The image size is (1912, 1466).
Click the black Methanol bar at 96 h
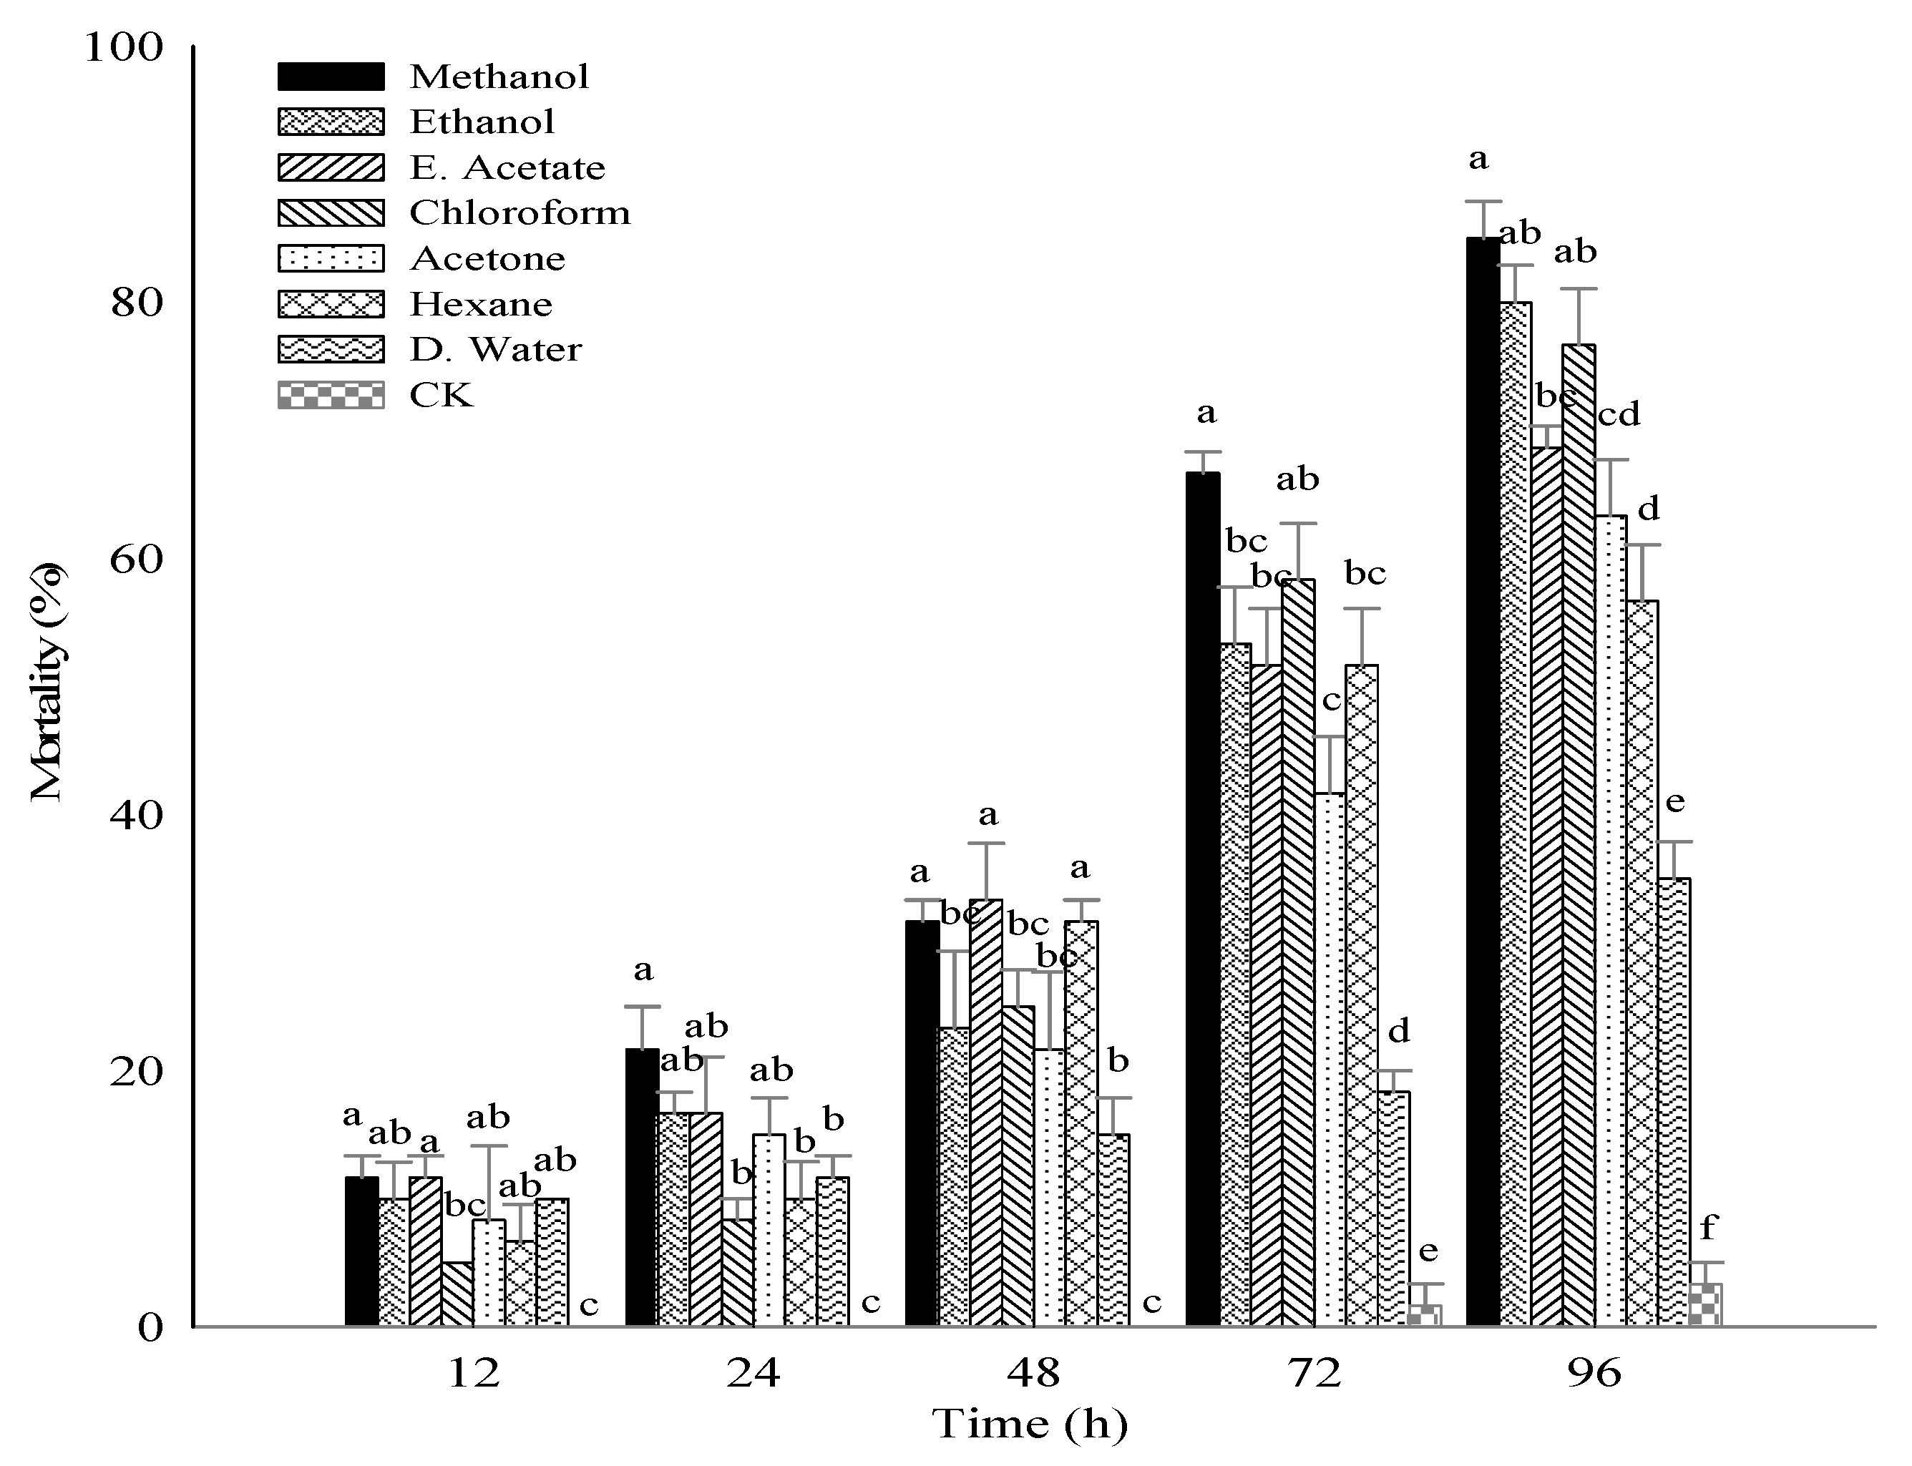point(1482,786)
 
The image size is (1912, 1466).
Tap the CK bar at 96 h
point(1705,1306)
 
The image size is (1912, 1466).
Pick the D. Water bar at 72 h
point(1394,1208)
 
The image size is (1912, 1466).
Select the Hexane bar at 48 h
point(1081,1125)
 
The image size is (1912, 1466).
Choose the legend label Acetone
point(487,258)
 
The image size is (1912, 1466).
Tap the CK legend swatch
point(331,395)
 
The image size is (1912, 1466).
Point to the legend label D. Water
point(494,350)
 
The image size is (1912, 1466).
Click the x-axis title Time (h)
point(1030,1424)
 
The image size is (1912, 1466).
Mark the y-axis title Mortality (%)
point(48,683)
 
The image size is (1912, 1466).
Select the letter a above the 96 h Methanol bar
point(1478,160)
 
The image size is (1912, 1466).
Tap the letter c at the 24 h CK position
point(871,1304)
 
